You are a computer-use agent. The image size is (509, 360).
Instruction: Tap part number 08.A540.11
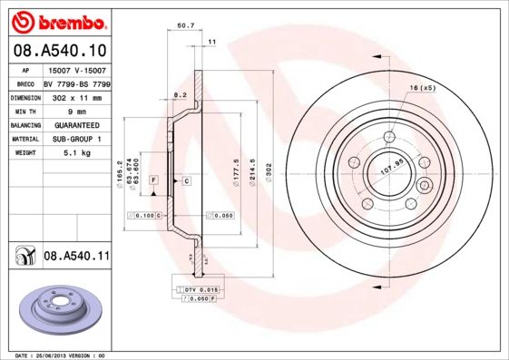tap(75, 257)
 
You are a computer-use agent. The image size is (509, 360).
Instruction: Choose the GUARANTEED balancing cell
tap(77, 124)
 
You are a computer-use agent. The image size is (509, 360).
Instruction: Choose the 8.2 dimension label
tap(180, 93)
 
